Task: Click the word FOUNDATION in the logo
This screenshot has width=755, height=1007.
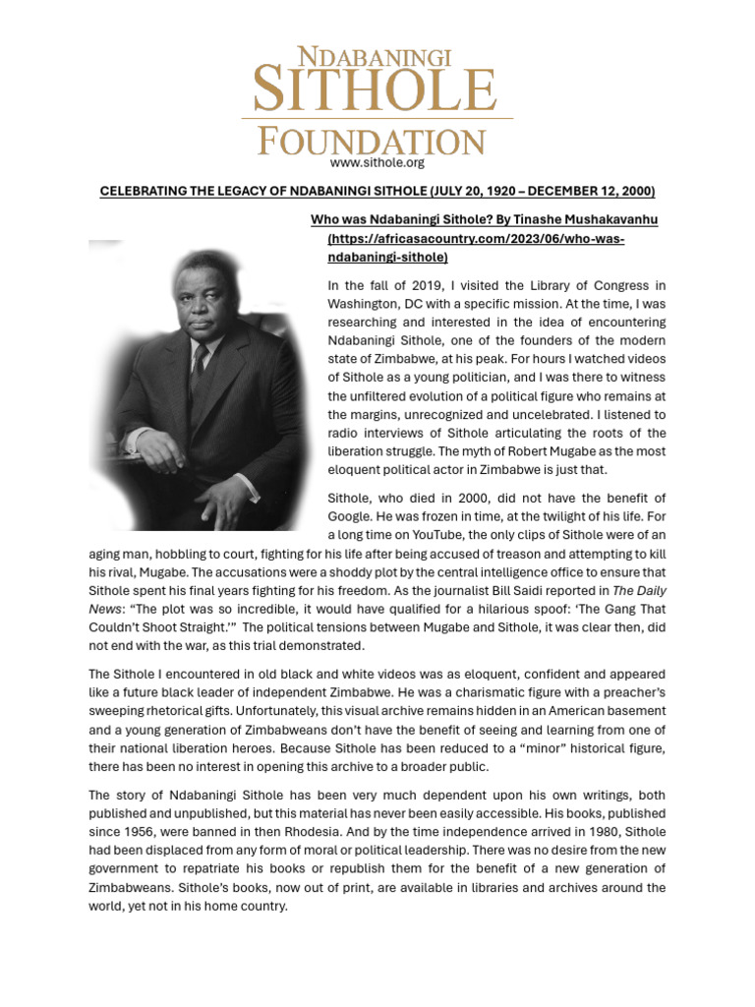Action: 372,141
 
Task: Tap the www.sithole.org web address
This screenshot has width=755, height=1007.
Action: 377,163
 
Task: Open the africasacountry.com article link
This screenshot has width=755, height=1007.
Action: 476,238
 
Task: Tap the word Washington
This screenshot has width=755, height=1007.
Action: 364,304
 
